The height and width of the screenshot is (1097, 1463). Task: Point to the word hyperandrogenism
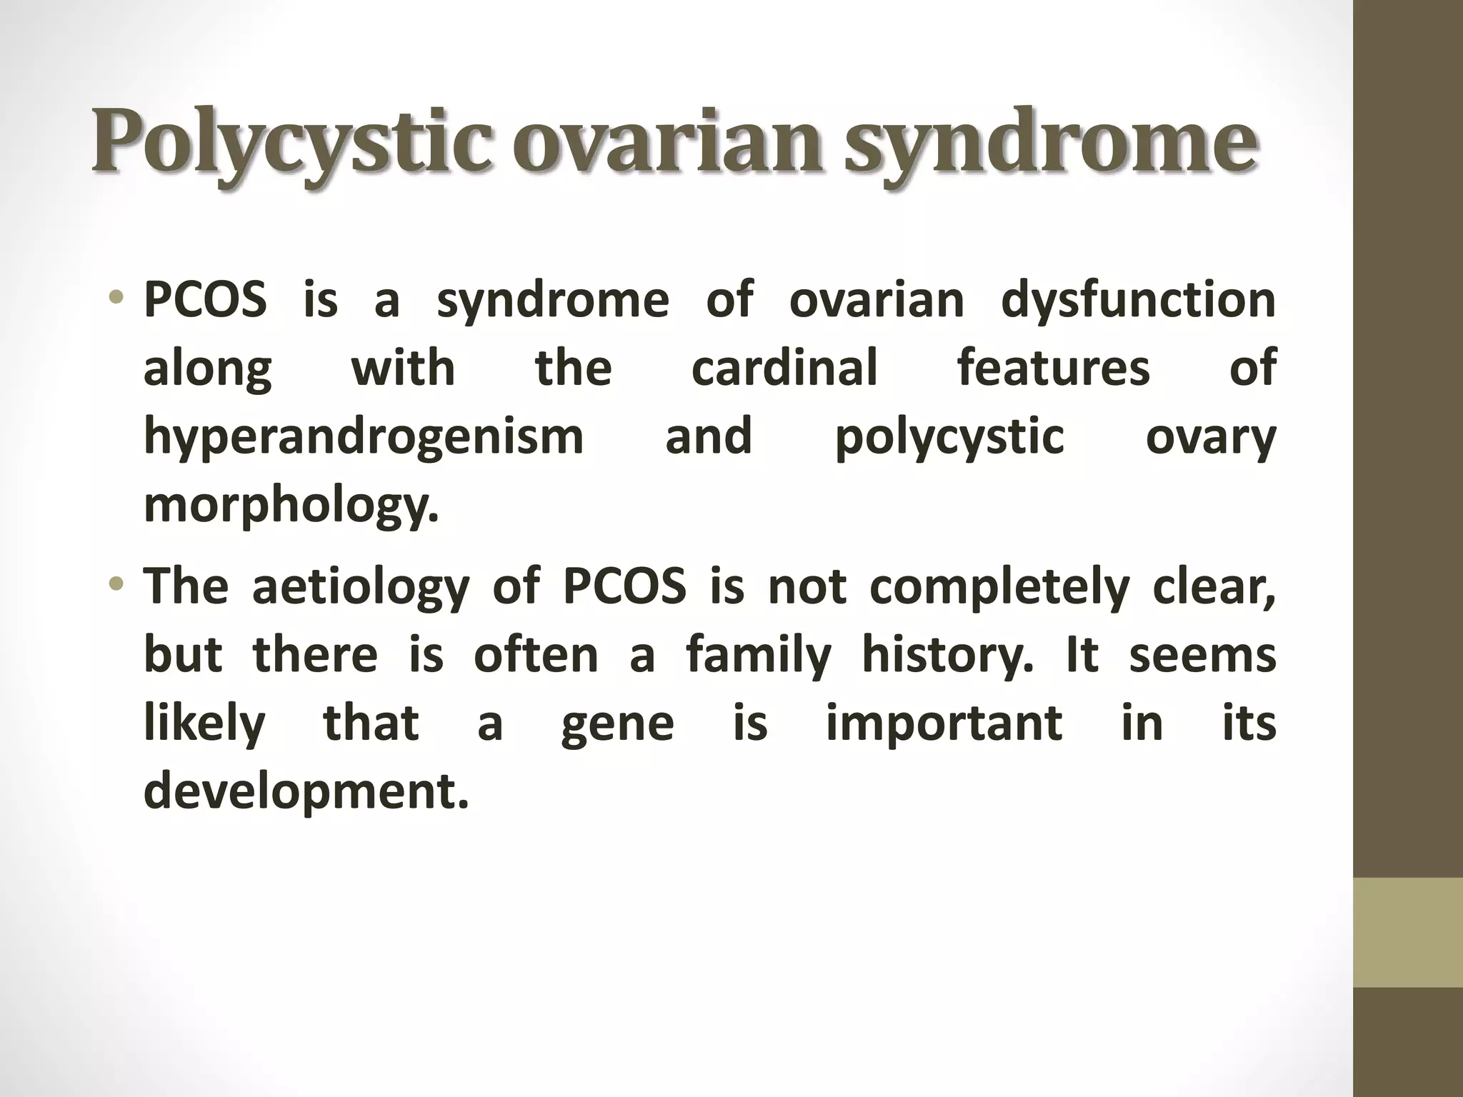(364, 438)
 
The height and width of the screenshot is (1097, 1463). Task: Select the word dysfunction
(1138, 300)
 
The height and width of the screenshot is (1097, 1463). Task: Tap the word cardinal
(784, 369)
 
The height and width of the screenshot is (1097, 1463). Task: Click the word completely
(999, 587)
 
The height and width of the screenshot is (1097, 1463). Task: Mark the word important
(944, 723)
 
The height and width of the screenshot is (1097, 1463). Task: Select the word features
(1054, 369)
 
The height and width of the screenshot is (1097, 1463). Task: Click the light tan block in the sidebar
(1407, 933)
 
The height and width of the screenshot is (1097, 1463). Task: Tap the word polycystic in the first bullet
(949, 438)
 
